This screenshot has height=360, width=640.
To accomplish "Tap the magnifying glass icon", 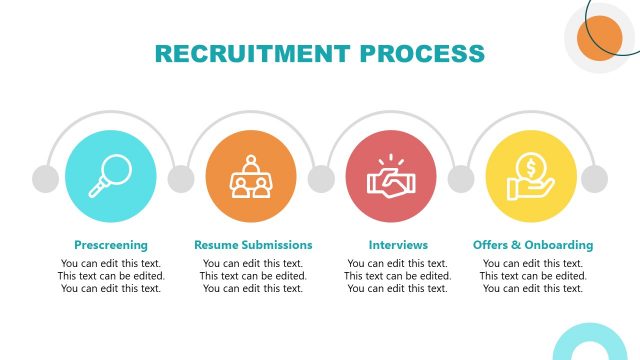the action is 110,176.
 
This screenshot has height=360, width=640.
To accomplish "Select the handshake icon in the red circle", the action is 391,180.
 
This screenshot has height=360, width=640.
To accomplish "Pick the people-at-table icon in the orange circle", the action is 251,178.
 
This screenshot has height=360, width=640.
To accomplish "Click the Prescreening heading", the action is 111,245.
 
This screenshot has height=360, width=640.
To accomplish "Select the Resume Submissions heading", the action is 253,245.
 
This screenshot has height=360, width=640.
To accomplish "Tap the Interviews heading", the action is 398,245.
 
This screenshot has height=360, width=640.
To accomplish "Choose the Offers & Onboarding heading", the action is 533,245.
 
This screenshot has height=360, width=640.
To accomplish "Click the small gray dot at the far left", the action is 45,179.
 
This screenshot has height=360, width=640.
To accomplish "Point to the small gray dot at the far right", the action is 595,179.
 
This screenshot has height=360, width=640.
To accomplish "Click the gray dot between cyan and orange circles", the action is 181,179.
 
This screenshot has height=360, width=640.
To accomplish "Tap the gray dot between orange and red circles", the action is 321,179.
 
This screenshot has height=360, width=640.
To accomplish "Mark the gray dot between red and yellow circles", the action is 461,179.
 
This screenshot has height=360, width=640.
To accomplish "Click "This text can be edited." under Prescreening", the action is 111,276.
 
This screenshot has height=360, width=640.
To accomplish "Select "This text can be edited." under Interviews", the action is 398,276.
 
